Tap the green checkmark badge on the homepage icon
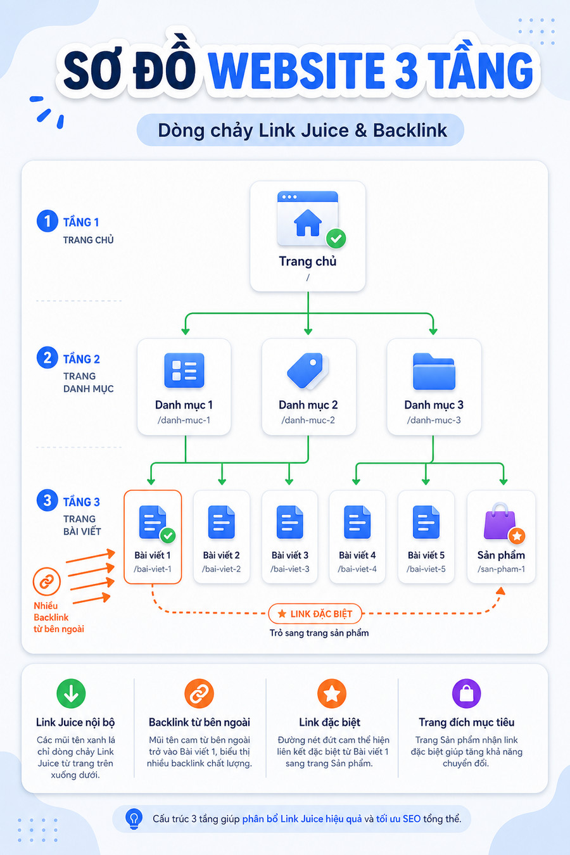[x=336, y=239]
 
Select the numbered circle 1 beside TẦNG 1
[x=47, y=220]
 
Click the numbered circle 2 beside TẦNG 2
[x=47, y=358]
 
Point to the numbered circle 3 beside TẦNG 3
[x=47, y=500]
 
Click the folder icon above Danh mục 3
[x=434, y=371]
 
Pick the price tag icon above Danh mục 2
[x=308, y=370]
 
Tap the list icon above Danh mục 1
[x=184, y=370]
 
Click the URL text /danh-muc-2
[x=308, y=421]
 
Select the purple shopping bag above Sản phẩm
[x=500, y=521]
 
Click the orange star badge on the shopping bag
[x=517, y=536]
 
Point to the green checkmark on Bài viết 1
[x=168, y=535]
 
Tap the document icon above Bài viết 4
[x=357, y=522]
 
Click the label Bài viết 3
[x=290, y=555]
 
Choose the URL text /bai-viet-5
[x=426, y=569]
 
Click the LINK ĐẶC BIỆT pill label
[x=315, y=614]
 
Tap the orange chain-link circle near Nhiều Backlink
[x=47, y=581]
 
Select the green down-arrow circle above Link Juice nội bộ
[x=71, y=693]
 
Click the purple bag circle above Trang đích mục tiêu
[x=466, y=693]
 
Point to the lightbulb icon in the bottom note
[x=134, y=818]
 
